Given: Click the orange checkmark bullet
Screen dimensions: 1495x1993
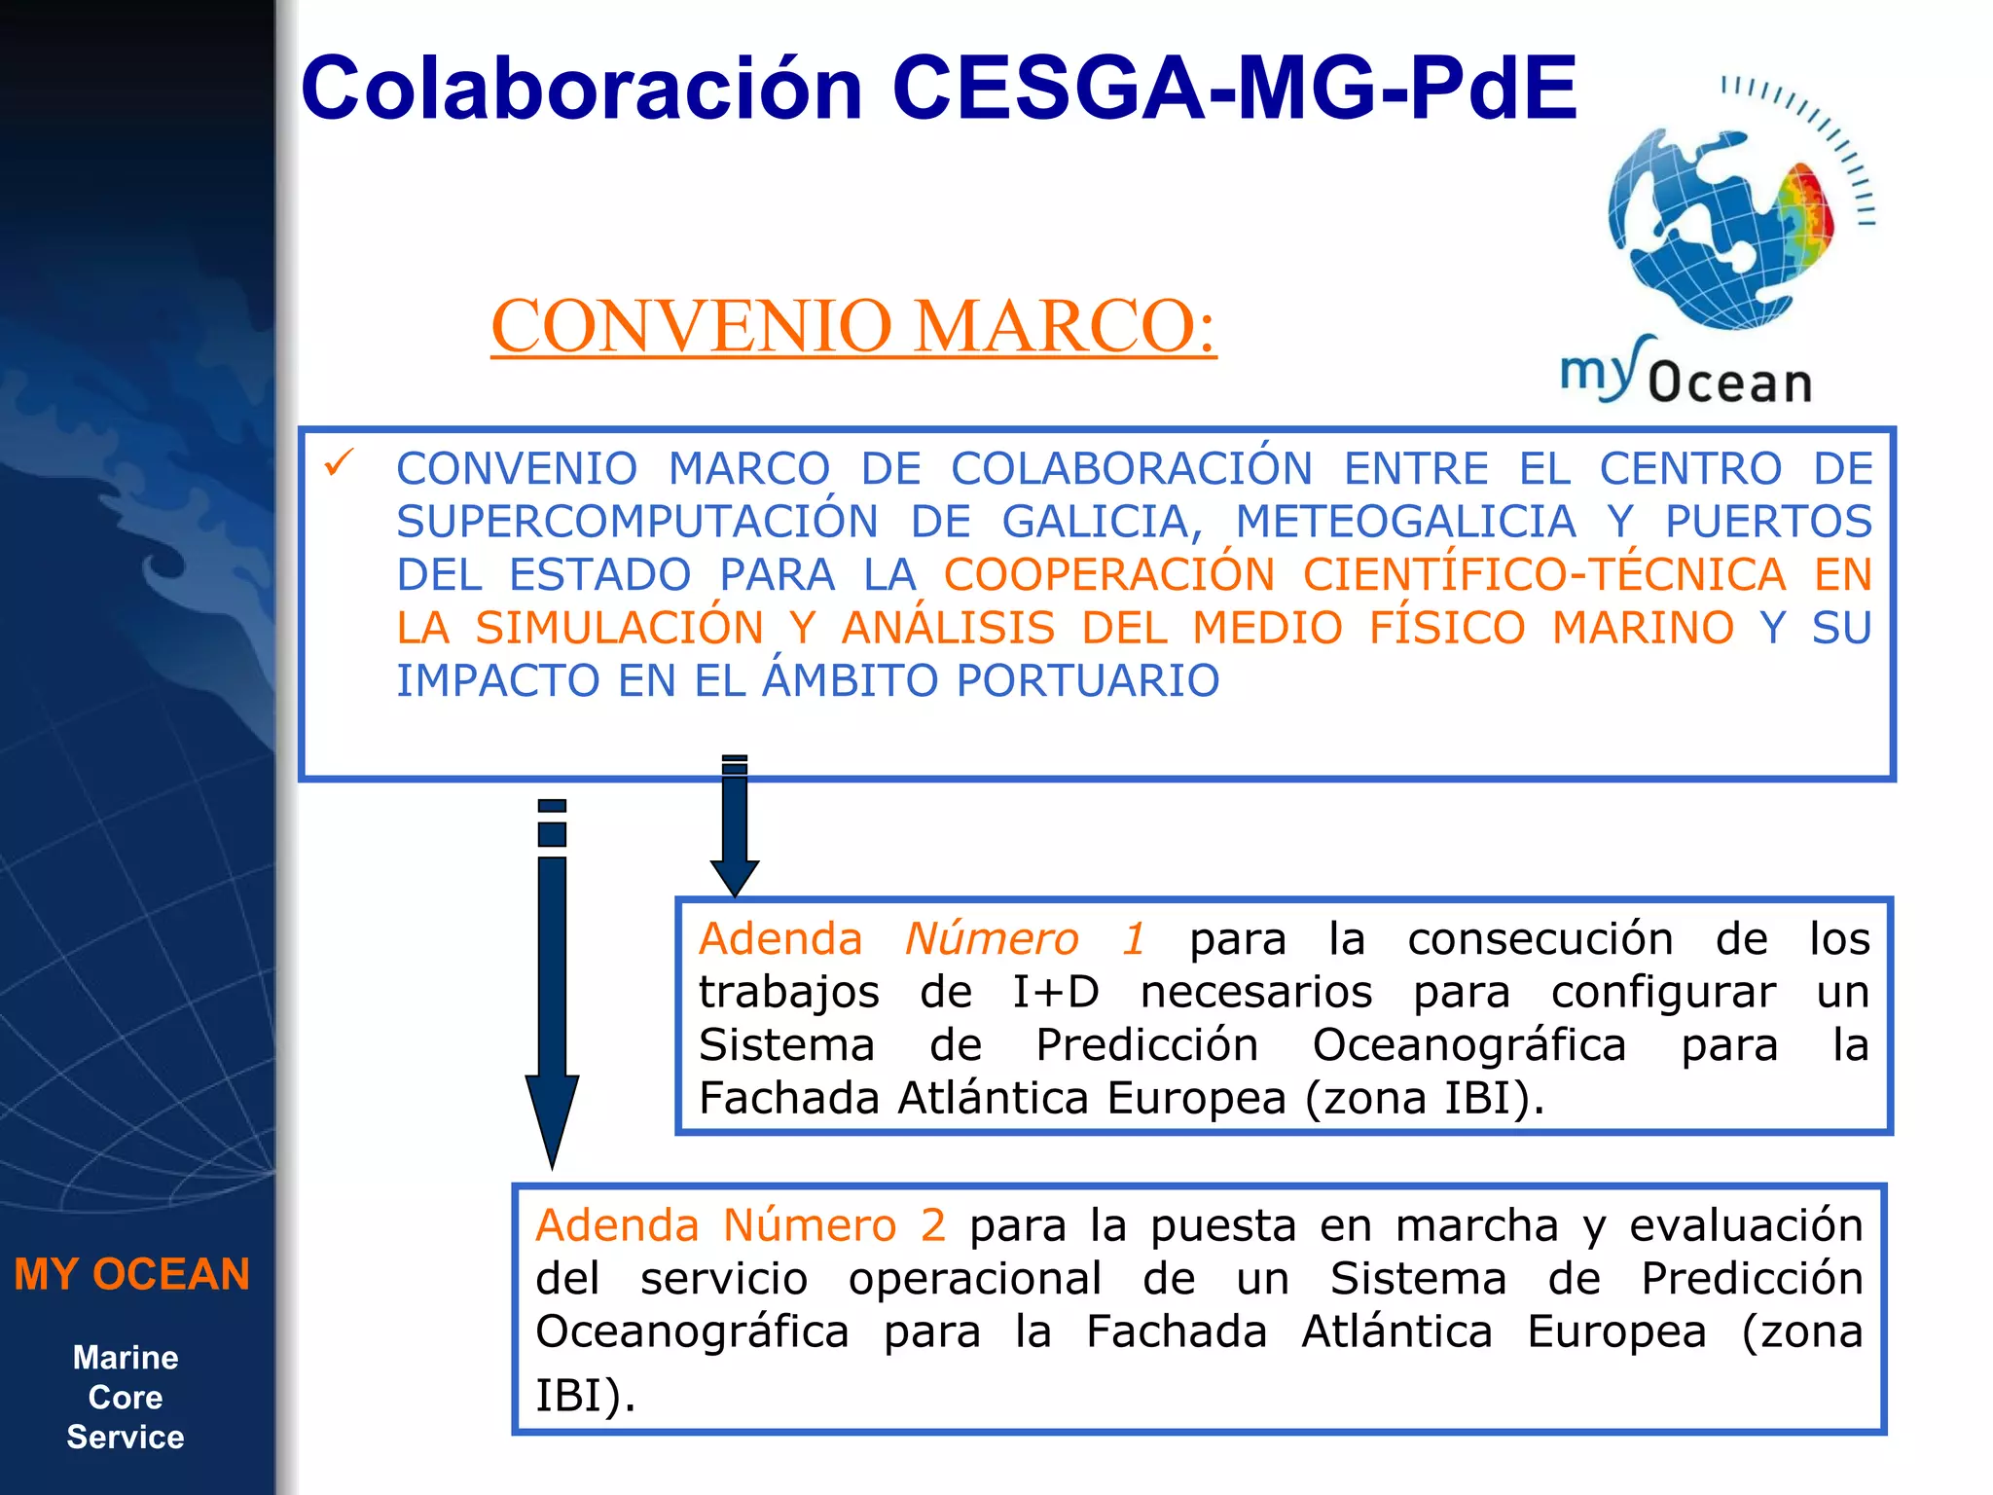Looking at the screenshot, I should click(x=339, y=462).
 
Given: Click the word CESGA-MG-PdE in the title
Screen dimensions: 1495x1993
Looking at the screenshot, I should click(x=1233, y=89).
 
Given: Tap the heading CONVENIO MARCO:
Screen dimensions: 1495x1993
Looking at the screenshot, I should click(x=853, y=326).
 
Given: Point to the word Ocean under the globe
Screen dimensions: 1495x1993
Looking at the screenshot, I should click(x=1730, y=383).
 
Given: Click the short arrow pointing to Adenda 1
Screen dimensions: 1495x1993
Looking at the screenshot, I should click(x=735, y=827).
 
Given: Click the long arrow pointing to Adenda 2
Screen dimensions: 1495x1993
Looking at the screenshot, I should click(x=552, y=983).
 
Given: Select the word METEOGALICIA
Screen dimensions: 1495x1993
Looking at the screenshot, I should click(x=1406, y=522).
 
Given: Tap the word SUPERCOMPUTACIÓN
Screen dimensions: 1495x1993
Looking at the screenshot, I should click(x=637, y=522).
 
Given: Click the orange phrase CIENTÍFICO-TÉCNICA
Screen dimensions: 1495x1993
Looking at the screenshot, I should click(x=1544, y=574).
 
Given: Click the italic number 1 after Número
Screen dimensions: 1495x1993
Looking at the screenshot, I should click(x=1133, y=939).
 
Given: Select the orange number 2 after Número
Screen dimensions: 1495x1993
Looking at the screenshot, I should click(x=932, y=1225).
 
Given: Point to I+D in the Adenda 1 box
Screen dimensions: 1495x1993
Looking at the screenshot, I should click(x=1055, y=993).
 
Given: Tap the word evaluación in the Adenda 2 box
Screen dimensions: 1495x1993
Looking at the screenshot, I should click(x=1746, y=1225).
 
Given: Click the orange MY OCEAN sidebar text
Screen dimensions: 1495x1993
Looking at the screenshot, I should click(x=132, y=1274).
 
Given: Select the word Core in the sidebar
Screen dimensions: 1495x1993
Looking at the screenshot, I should click(x=126, y=1398).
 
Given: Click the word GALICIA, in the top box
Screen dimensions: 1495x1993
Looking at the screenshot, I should click(x=1103, y=522).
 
